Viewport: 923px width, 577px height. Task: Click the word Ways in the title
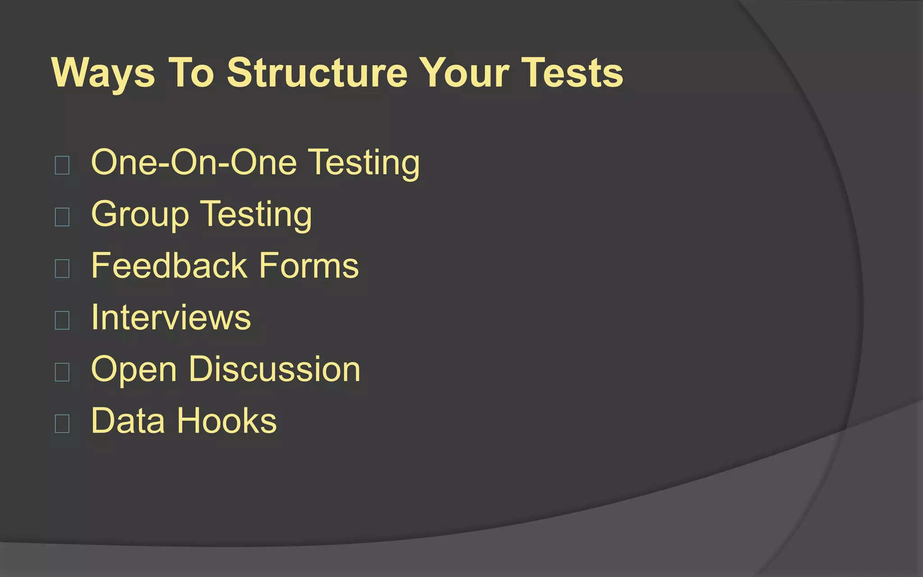(103, 73)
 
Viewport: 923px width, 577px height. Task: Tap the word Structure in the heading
(317, 73)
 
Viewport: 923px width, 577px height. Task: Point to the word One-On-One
(194, 162)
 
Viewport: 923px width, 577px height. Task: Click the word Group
(140, 215)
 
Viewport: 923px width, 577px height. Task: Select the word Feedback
(169, 266)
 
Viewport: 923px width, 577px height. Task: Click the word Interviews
(171, 317)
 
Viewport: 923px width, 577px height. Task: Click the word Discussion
(274, 369)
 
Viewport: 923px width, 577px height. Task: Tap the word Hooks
(227, 421)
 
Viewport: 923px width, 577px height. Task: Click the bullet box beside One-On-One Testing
(62, 165)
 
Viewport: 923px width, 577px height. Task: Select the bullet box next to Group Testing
(62, 217)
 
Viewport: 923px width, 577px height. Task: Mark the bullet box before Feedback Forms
(62, 268)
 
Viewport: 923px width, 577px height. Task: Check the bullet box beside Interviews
(62, 320)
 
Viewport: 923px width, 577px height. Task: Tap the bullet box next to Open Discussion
(62, 372)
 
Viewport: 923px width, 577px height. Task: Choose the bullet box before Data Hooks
(62, 423)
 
